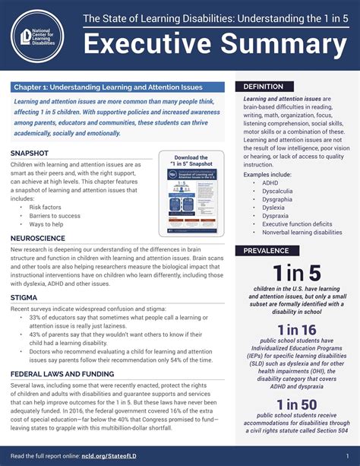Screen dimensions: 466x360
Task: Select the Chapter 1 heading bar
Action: click(x=118, y=87)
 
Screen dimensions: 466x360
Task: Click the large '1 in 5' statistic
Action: click(x=297, y=274)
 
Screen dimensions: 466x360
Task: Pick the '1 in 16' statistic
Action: click(x=297, y=330)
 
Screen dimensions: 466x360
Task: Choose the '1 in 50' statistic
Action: click(x=297, y=404)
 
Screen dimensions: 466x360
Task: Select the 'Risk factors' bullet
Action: click(x=45, y=207)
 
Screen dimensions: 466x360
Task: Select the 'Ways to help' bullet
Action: click(x=46, y=224)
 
